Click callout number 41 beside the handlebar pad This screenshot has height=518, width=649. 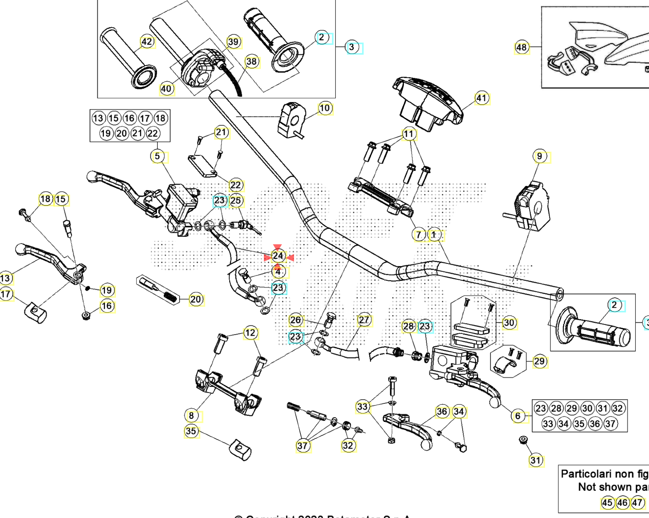[482, 98]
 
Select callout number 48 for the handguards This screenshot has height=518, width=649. [521, 47]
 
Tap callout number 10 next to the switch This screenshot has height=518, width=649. [324, 108]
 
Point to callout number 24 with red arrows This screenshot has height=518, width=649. [278, 256]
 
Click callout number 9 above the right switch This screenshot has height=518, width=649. [540, 156]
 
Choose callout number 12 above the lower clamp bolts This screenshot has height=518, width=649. [250, 333]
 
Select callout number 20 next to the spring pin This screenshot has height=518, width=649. [196, 299]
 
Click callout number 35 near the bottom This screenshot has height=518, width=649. [191, 431]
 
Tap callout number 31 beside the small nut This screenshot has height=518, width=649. [535, 460]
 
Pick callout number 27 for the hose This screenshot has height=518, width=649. [364, 320]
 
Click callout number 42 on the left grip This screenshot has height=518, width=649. [147, 41]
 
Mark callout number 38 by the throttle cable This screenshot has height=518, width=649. [251, 62]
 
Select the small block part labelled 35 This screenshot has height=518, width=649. [240, 451]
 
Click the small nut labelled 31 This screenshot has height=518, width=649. [522, 440]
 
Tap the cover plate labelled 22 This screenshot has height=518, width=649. [203, 167]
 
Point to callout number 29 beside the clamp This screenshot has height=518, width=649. [539, 361]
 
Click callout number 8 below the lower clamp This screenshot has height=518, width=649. [191, 416]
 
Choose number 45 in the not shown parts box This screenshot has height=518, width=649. [607, 503]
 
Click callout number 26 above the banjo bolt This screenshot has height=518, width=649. [296, 320]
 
